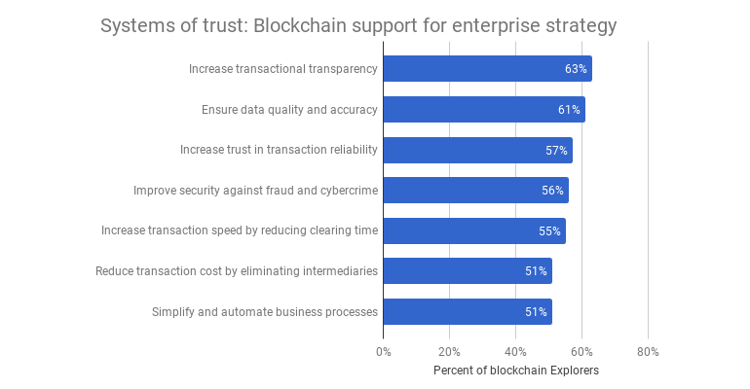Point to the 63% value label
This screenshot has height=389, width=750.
(576, 69)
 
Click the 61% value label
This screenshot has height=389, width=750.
(569, 110)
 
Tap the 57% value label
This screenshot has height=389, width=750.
(556, 151)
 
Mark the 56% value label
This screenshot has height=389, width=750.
(552, 191)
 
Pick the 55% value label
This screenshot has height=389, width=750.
(549, 231)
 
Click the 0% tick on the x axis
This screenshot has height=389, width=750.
(383, 351)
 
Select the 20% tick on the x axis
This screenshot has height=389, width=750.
(449, 351)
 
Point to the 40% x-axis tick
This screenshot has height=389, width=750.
(515, 351)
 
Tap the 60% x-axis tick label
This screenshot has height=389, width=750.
(581, 351)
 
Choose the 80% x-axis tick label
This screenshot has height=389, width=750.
(648, 351)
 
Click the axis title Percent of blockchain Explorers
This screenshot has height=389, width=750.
(515, 371)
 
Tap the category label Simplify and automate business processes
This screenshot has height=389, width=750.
(265, 312)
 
